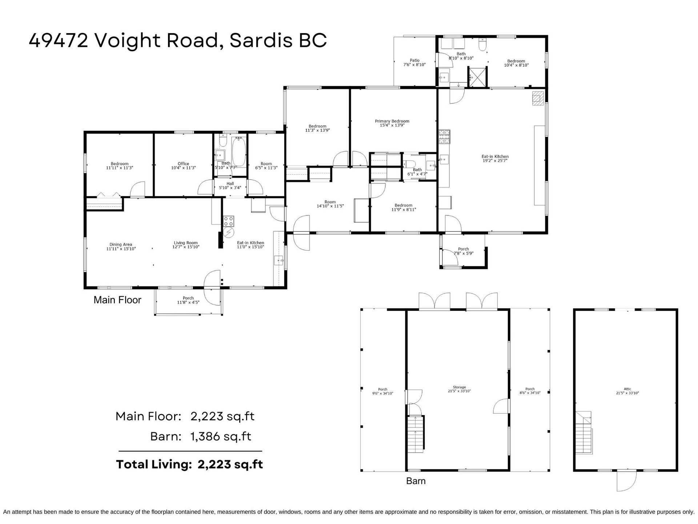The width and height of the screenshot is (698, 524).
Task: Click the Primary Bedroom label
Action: point(392,121)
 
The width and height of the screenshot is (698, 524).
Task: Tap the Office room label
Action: point(183,164)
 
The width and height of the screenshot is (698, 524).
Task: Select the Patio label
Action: point(414,60)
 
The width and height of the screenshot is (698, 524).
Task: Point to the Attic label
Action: point(627,389)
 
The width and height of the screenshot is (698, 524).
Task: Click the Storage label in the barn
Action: point(459,387)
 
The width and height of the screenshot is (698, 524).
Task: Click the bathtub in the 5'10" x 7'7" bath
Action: point(238,151)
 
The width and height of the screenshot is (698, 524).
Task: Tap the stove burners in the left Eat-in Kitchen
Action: point(229,221)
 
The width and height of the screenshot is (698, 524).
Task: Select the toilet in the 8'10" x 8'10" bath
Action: point(483,44)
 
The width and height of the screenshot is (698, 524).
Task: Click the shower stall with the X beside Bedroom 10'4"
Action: point(477,77)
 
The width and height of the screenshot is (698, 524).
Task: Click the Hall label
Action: point(230,183)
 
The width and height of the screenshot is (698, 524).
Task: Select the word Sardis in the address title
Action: point(261,40)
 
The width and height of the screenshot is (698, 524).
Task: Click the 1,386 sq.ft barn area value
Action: point(221,436)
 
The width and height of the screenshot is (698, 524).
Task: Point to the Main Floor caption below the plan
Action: point(117,300)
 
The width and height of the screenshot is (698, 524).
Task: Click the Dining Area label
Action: point(121,245)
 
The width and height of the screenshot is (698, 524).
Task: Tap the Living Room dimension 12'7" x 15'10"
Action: point(186,247)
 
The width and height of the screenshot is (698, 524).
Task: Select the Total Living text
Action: point(154,464)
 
